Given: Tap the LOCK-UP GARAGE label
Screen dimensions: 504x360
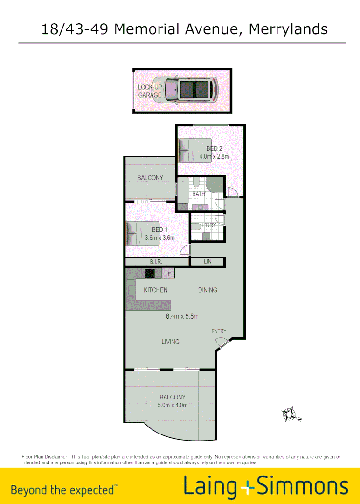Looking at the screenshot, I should click(x=149, y=91).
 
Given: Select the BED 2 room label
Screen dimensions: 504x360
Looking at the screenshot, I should click(x=214, y=149).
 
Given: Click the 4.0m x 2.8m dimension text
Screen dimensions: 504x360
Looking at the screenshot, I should click(x=214, y=157).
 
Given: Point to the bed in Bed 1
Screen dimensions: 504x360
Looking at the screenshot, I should click(x=143, y=233).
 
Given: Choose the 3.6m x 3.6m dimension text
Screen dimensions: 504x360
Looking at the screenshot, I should click(x=159, y=238).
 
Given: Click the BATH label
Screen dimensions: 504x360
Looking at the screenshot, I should click(x=199, y=194).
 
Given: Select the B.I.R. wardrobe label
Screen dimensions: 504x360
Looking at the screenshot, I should click(x=155, y=262).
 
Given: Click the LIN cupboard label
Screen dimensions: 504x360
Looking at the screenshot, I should click(x=208, y=262).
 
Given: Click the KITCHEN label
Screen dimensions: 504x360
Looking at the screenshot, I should click(x=155, y=290).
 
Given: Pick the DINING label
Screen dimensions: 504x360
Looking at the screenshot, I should click(x=208, y=290).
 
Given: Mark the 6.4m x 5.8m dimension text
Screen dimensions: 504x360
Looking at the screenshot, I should click(x=182, y=316).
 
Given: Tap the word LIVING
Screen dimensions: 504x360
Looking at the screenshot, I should click(x=170, y=342).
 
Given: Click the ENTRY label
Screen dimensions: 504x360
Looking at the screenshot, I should click(x=219, y=331).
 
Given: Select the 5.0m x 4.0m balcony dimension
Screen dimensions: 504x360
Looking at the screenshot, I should click(x=172, y=405).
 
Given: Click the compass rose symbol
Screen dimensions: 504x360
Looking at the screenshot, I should click(x=290, y=414).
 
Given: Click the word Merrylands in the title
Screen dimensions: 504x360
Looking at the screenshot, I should click(x=288, y=29).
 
